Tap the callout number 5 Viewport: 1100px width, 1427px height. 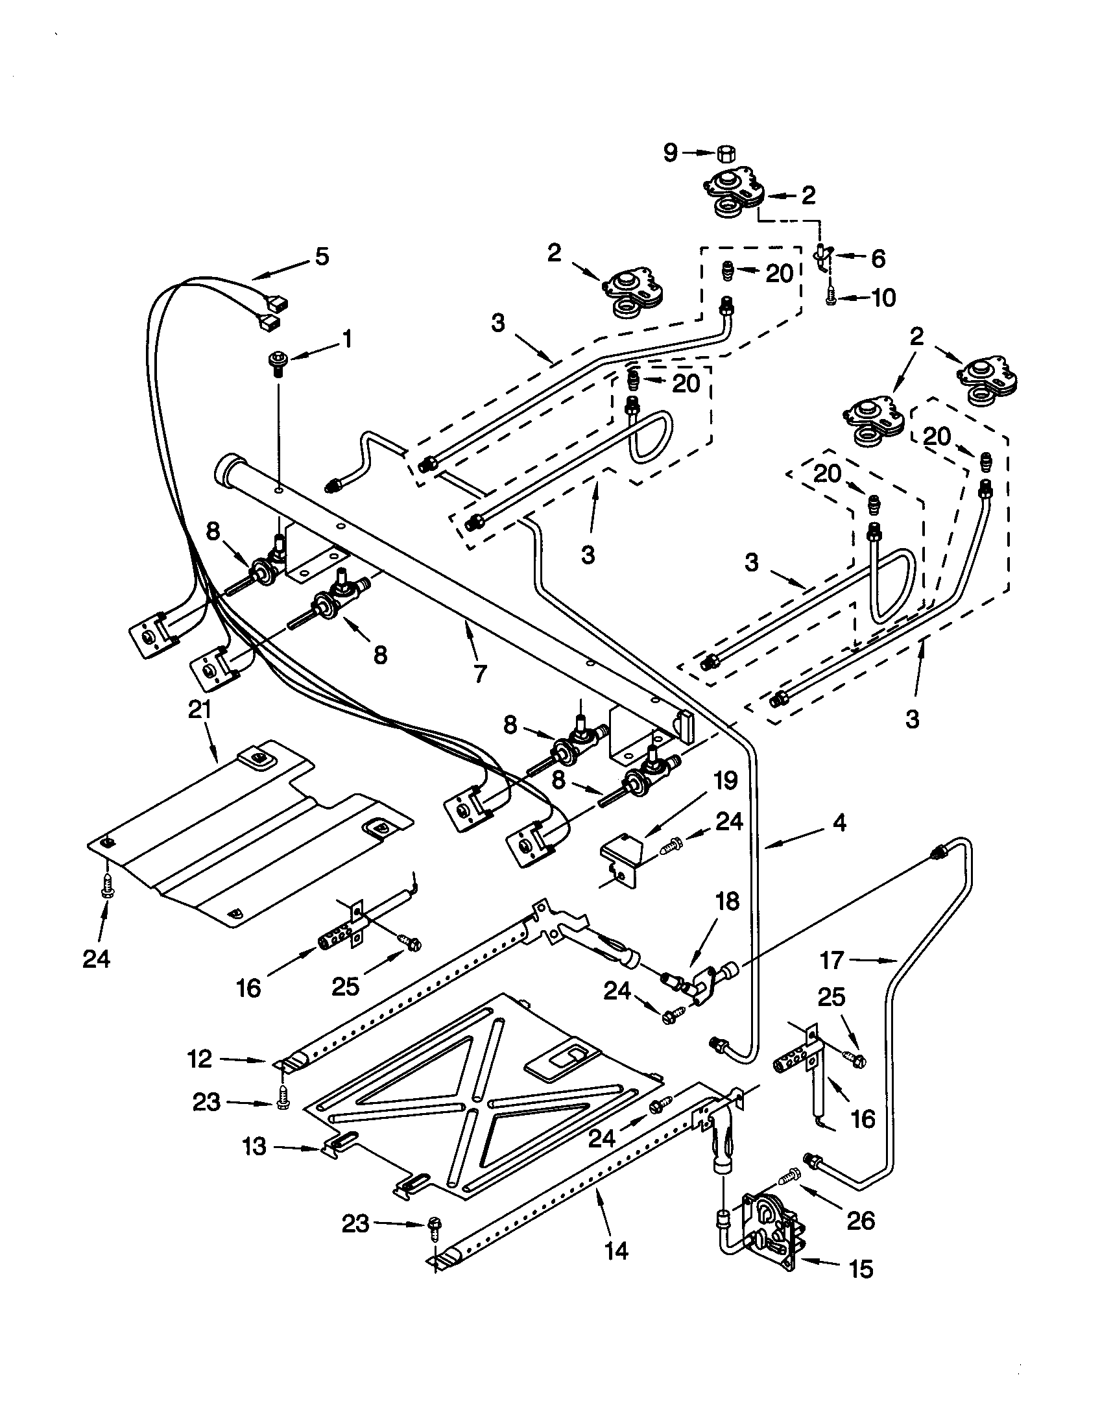click(x=322, y=257)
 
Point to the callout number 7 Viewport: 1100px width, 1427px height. click(x=480, y=673)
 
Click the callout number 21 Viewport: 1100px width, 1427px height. click(x=200, y=710)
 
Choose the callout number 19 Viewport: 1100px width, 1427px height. click(x=726, y=780)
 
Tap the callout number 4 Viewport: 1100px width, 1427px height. click(x=839, y=822)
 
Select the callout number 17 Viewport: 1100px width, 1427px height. click(x=832, y=961)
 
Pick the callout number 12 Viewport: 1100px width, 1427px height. click(x=199, y=1059)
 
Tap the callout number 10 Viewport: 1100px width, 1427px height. click(x=883, y=298)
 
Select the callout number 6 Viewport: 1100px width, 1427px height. click(x=879, y=258)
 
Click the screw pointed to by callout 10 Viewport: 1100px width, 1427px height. click(x=830, y=298)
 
